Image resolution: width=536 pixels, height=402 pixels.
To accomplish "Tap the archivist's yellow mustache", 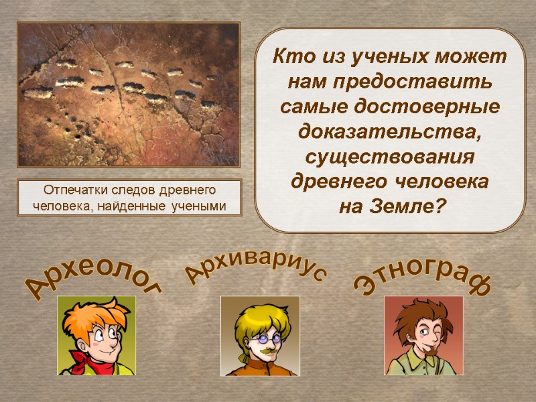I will click(263, 350).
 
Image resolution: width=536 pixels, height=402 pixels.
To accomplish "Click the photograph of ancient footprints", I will click(128, 94).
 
